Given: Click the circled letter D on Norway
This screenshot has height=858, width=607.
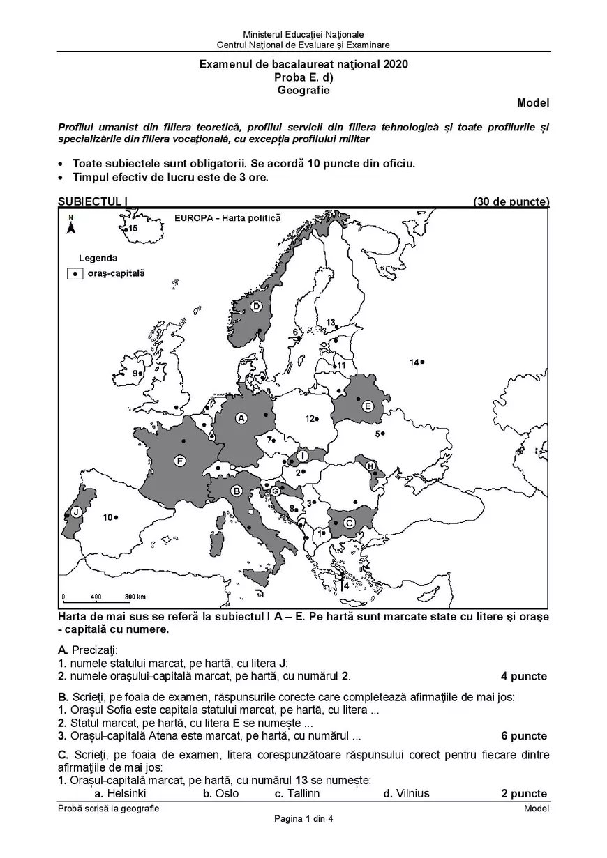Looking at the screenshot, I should tap(256, 306).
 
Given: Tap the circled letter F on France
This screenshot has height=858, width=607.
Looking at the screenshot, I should tap(180, 461).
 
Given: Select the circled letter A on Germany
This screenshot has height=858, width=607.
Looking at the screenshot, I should tap(241, 418).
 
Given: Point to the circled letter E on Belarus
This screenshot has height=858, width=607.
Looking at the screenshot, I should tap(368, 406).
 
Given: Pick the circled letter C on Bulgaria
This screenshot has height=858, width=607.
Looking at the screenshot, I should tap(350, 522).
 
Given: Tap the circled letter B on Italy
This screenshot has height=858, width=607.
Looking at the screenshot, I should tap(237, 491).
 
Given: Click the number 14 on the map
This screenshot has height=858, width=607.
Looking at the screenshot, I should tap(414, 362).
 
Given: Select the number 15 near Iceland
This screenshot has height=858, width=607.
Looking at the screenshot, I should tap(133, 228).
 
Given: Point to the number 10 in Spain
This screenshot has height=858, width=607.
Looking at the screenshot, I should tap(107, 517).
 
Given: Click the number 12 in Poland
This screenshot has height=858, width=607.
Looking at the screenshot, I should tap(309, 419).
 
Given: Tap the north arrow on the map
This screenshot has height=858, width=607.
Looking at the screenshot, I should tap(70, 226).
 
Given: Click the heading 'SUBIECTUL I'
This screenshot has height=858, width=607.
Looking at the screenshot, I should tap(93, 201).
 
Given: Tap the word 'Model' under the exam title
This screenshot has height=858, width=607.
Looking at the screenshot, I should tap(533, 103).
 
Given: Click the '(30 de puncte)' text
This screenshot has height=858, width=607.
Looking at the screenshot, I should tap(511, 201).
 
